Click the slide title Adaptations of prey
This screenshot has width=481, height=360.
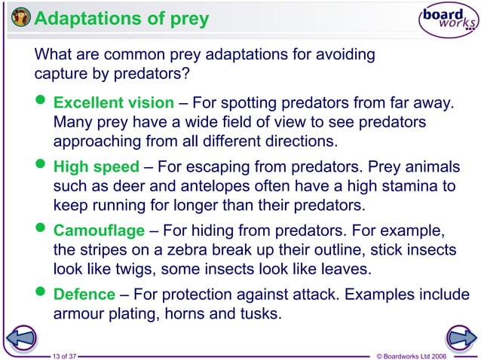121,18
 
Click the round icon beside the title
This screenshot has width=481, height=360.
21,18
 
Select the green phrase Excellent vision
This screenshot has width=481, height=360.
113,102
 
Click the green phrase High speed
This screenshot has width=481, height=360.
96,167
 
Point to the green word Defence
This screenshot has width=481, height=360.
84,294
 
